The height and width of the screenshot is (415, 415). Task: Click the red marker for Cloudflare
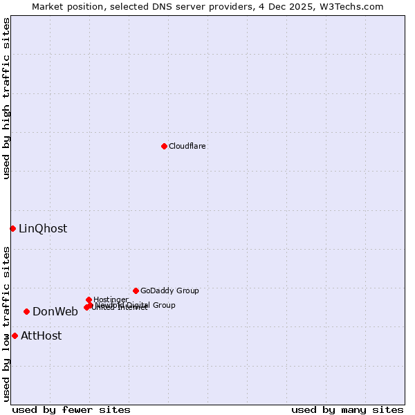pos(164,146)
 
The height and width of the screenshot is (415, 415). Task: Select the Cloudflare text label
pos(187,146)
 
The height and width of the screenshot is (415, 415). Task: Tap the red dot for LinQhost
pos(12,228)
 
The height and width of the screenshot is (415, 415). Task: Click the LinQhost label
pos(43,228)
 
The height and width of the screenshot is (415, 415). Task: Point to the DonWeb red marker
pos(26,311)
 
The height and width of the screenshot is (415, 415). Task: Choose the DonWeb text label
pos(55,311)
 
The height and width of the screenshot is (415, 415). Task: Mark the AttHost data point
pos(15,335)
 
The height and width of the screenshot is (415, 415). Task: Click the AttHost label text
pos(41,335)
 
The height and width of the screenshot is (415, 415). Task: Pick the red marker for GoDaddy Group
pos(136,290)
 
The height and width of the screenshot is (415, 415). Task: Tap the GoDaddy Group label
pos(169,290)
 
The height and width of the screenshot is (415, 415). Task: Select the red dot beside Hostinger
pos(89,299)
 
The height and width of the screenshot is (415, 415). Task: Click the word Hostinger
pos(111,299)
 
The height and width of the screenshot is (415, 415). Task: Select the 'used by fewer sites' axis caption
pos(71,409)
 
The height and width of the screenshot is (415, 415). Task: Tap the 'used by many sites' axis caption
pos(347,409)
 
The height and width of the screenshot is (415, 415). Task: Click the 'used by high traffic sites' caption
pos(6,98)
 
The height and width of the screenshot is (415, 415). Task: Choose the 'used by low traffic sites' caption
pos(6,324)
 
